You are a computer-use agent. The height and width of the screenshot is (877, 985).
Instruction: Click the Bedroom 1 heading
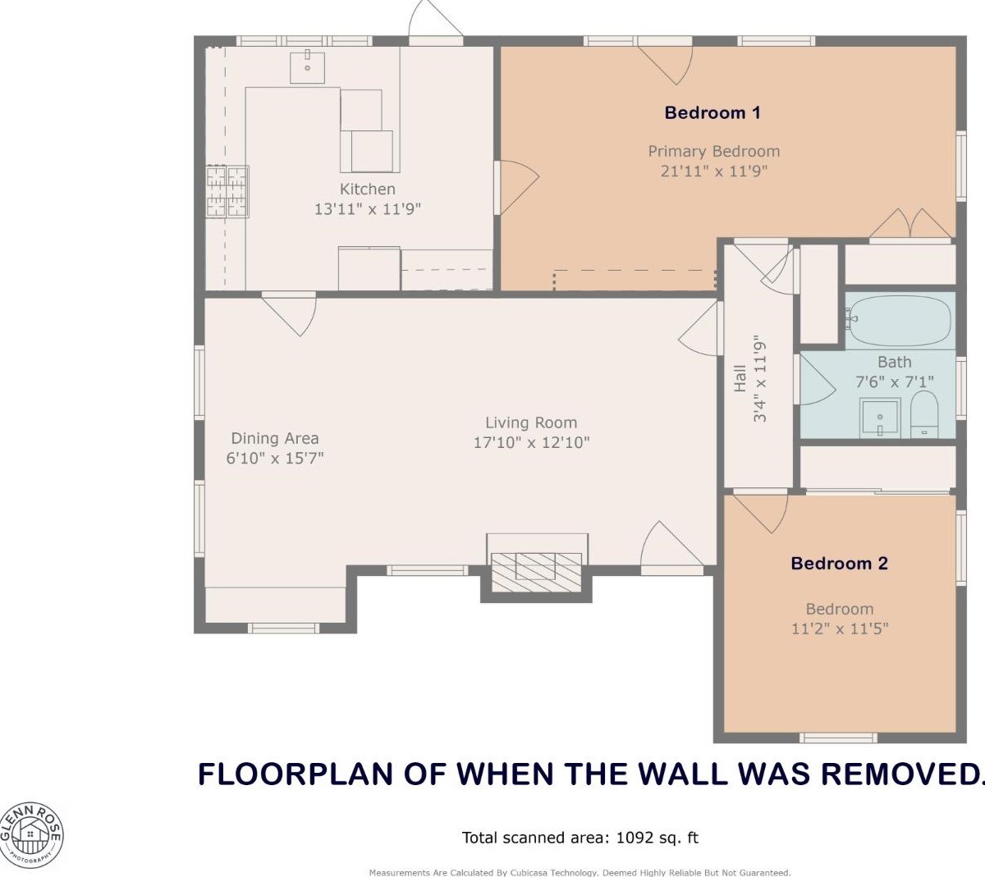click(x=712, y=112)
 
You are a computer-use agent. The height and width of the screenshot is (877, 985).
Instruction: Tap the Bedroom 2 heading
click(x=839, y=563)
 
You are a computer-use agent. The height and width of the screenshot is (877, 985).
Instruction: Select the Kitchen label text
click(x=367, y=189)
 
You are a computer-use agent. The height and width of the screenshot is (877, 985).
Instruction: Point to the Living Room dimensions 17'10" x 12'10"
click(x=531, y=443)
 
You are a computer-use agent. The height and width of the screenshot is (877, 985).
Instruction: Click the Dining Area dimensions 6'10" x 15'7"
click(x=275, y=458)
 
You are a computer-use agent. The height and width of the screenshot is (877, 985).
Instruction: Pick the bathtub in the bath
click(x=900, y=320)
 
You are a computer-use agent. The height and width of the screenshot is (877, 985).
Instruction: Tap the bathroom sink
click(x=880, y=418)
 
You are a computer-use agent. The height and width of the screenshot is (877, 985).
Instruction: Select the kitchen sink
click(x=307, y=66)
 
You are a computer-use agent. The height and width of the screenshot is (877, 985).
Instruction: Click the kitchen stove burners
click(x=227, y=191)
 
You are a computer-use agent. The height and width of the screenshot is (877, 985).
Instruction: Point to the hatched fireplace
click(x=536, y=572)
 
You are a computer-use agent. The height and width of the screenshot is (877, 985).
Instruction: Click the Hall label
click(x=740, y=378)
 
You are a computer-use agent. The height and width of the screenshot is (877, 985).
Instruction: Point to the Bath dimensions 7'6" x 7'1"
click(x=895, y=382)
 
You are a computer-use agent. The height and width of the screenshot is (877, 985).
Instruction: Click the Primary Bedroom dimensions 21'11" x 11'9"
click(x=713, y=171)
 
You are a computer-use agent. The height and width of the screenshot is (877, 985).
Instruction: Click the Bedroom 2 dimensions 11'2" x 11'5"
click(x=840, y=628)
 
